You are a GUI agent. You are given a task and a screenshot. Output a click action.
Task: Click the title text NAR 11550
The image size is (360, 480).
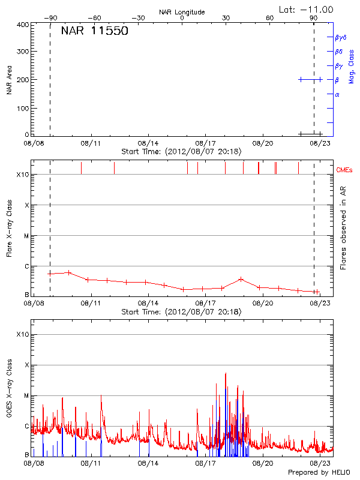[x=94, y=32]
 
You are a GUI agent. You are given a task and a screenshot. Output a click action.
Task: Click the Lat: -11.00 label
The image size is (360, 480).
[x=307, y=9]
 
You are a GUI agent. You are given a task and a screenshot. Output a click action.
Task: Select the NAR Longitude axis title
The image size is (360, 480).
[x=182, y=11]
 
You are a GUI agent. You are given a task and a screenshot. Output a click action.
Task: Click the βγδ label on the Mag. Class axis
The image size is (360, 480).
[x=340, y=37]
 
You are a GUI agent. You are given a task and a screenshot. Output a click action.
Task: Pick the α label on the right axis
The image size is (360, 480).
[x=337, y=94]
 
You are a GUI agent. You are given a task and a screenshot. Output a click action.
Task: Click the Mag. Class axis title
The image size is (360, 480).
[x=352, y=67]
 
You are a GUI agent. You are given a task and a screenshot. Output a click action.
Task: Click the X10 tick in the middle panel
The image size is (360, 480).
[x=23, y=175]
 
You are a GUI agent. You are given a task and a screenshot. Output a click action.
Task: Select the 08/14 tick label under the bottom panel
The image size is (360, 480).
[x=148, y=463]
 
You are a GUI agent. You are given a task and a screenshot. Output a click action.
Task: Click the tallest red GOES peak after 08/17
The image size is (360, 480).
[x=226, y=373]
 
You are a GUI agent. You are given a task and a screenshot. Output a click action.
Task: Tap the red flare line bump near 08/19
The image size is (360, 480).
[x=241, y=279]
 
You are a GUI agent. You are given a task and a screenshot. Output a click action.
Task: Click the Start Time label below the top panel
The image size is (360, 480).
[x=181, y=152]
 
